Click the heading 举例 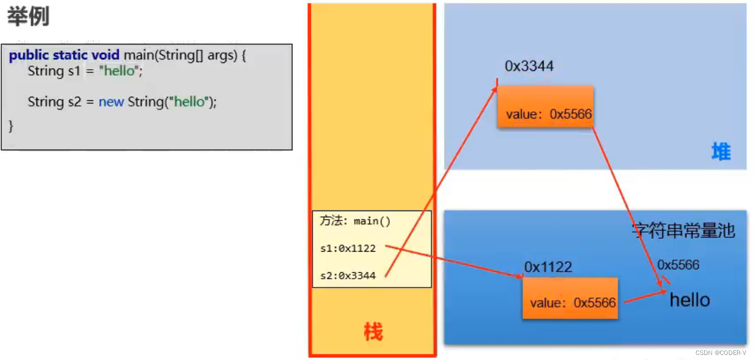pos(28,17)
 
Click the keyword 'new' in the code pos(111,102)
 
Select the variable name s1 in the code pos(74,71)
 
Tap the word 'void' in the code pos(105,55)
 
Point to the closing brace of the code pos(11,126)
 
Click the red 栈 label pos(373,332)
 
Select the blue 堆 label pos(721,151)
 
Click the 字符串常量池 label pos(683,230)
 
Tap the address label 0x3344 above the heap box pos(529,66)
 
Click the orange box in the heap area pos(545,106)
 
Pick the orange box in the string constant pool pos(570,298)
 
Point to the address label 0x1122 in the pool pos(548,267)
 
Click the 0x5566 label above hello pos(678,265)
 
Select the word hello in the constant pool pos(689,300)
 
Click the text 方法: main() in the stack pos(355,221)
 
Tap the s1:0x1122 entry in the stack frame pos(348,248)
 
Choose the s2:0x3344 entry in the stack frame pos(348,276)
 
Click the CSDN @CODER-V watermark pos(721,353)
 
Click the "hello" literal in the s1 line pos(119,71)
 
